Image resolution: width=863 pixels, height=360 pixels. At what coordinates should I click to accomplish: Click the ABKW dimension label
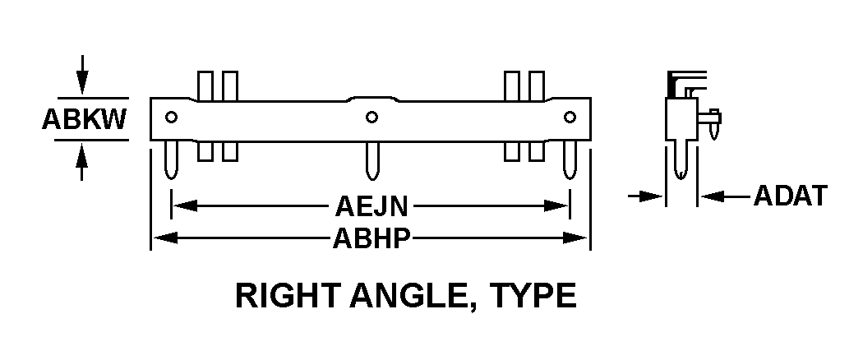[x=84, y=119]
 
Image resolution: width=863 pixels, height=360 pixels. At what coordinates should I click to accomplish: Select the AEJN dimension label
[x=372, y=206]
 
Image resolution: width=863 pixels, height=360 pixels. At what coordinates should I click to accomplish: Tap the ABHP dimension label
[x=372, y=238]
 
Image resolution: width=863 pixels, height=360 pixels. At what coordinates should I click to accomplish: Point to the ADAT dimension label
[x=791, y=196]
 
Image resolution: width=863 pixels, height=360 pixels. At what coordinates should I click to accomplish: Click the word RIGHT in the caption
[x=288, y=296]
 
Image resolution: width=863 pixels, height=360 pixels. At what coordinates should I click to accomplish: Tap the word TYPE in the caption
[x=533, y=296]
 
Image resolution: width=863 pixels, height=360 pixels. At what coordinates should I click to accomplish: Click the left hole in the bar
[x=171, y=117]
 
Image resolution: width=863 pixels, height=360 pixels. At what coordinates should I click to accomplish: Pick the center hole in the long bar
[x=372, y=117]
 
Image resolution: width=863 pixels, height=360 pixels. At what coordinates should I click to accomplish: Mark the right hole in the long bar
[x=570, y=117]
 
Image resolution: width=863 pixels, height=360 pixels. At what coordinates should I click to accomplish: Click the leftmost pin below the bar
[x=171, y=159]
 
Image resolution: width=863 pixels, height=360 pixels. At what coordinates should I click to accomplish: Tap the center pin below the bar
[x=372, y=160]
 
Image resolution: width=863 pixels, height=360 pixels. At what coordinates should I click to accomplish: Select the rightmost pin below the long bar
[x=570, y=159]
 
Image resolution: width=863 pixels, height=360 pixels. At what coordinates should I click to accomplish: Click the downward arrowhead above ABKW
[x=82, y=82]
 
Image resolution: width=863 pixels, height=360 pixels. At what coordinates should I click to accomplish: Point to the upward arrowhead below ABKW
[x=82, y=156]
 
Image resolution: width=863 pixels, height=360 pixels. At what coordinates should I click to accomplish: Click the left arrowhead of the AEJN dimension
[x=185, y=206]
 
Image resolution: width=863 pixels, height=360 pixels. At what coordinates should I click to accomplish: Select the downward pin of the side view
[x=681, y=159]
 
